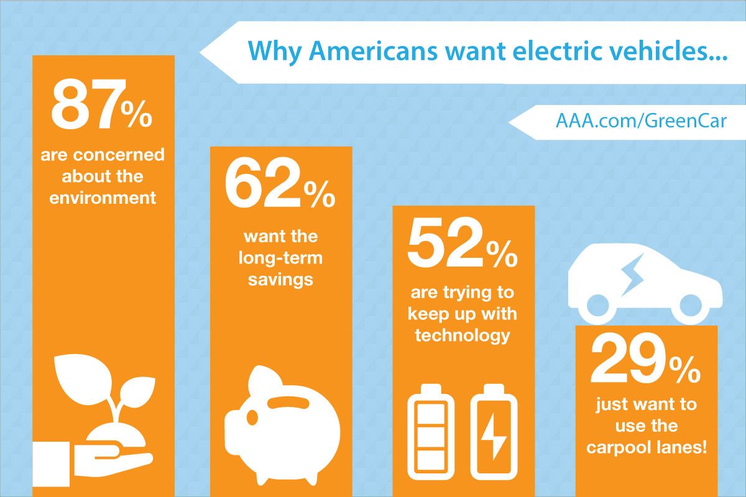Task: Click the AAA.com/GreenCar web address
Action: [641, 120]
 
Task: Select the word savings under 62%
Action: [280, 279]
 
